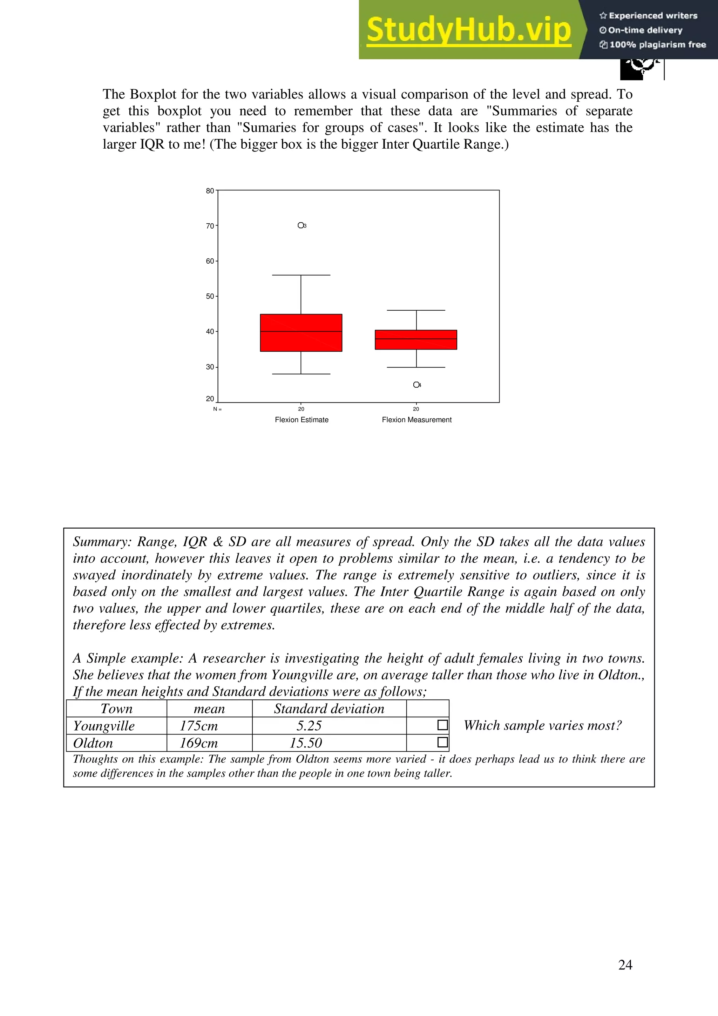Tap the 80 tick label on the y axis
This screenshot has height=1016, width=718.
[x=210, y=191]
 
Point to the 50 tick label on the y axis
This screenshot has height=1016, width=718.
[x=210, y=296]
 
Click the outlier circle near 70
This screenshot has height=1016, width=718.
[x=301, y=225]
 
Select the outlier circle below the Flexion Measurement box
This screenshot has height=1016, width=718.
[x=416, y=385]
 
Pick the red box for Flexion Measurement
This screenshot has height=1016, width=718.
[x=416, y=339]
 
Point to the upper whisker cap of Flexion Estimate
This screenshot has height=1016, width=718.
[x=301, y=275]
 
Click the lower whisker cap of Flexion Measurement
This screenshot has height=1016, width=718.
[x=416, y=367]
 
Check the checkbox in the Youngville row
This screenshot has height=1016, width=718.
[x=442, y=725]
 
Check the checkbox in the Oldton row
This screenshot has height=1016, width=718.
[x=442, y=742]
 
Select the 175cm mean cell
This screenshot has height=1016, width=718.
[x=199, y=726]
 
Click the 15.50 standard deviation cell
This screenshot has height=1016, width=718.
[x=306, y=743]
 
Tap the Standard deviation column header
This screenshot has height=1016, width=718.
[x=329, y=709]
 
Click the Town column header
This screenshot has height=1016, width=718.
[x=116, y=709]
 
